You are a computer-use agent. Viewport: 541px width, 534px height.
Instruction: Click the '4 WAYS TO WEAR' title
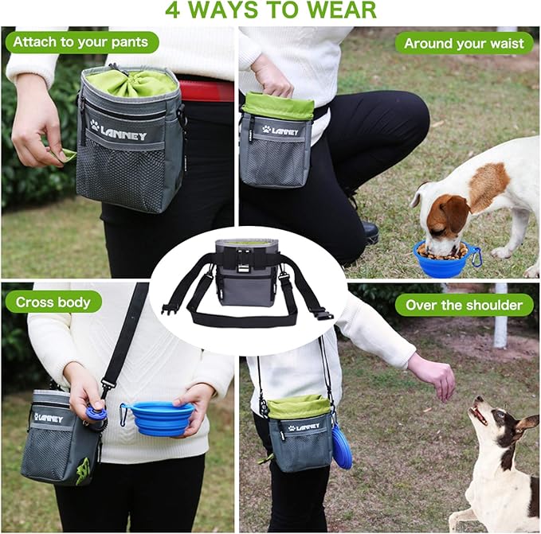[270, 11]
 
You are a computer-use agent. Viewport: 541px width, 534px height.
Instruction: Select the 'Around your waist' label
[464, 43]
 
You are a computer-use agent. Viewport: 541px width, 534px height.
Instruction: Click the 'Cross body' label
[53, 302]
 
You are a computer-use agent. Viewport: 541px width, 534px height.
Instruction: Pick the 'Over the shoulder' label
[464, 305]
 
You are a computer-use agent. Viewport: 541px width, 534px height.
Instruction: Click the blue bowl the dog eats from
[443, 261]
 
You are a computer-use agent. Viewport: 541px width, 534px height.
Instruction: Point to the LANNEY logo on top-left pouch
[119, 131]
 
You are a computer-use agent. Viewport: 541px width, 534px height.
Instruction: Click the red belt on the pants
[205, 91]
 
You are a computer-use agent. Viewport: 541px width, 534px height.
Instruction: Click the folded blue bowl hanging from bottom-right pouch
[342, 446]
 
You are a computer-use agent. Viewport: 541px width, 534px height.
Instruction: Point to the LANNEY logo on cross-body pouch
[48, 417]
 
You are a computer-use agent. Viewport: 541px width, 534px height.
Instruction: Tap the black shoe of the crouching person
[370, 232]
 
